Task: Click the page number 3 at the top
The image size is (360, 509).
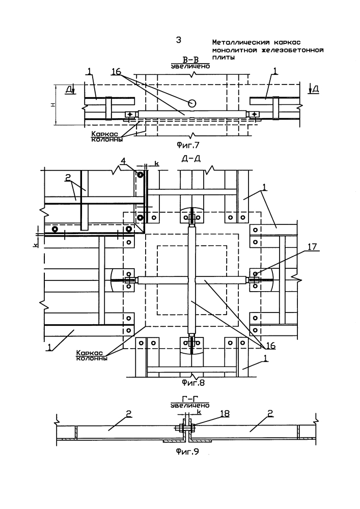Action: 179,40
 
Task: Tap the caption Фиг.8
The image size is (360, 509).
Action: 193,383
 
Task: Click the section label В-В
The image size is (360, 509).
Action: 190,60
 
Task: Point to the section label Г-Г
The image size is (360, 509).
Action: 190,399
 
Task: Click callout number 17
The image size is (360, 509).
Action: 312,247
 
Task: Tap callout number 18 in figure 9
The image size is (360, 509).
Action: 225,413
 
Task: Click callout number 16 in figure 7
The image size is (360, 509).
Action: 116,71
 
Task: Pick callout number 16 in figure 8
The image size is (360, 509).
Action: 270,346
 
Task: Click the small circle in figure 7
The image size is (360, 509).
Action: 192,103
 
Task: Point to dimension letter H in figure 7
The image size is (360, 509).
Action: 53,104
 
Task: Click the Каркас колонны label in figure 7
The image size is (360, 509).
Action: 107,136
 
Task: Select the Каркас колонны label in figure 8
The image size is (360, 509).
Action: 92,355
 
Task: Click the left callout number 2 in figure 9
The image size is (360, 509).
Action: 128,413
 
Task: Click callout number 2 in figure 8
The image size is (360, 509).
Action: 68,178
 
